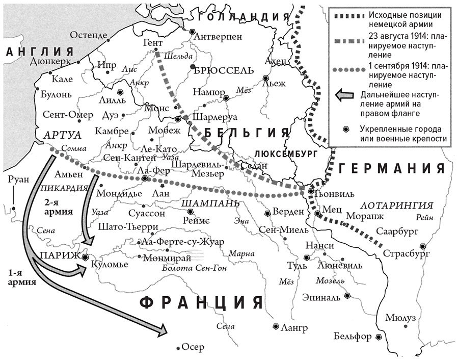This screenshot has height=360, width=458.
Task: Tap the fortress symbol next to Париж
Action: pyautogui.click(x=85, y=258)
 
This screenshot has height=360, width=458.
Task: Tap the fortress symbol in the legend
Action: pyautogui.click(x=346, y=130)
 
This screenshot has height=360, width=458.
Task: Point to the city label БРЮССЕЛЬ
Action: pyautogui.click(x=224, y=70)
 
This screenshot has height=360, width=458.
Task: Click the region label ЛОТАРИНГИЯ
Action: pyautogui.click(x=397, y=205)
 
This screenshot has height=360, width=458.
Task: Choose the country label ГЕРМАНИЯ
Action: pyautogui.click(x=396, y=169)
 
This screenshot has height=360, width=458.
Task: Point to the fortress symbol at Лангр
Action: pyautogui.click(x=276, y=326)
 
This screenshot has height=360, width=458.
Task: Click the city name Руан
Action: pyautogui.click(x=18, y=179)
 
